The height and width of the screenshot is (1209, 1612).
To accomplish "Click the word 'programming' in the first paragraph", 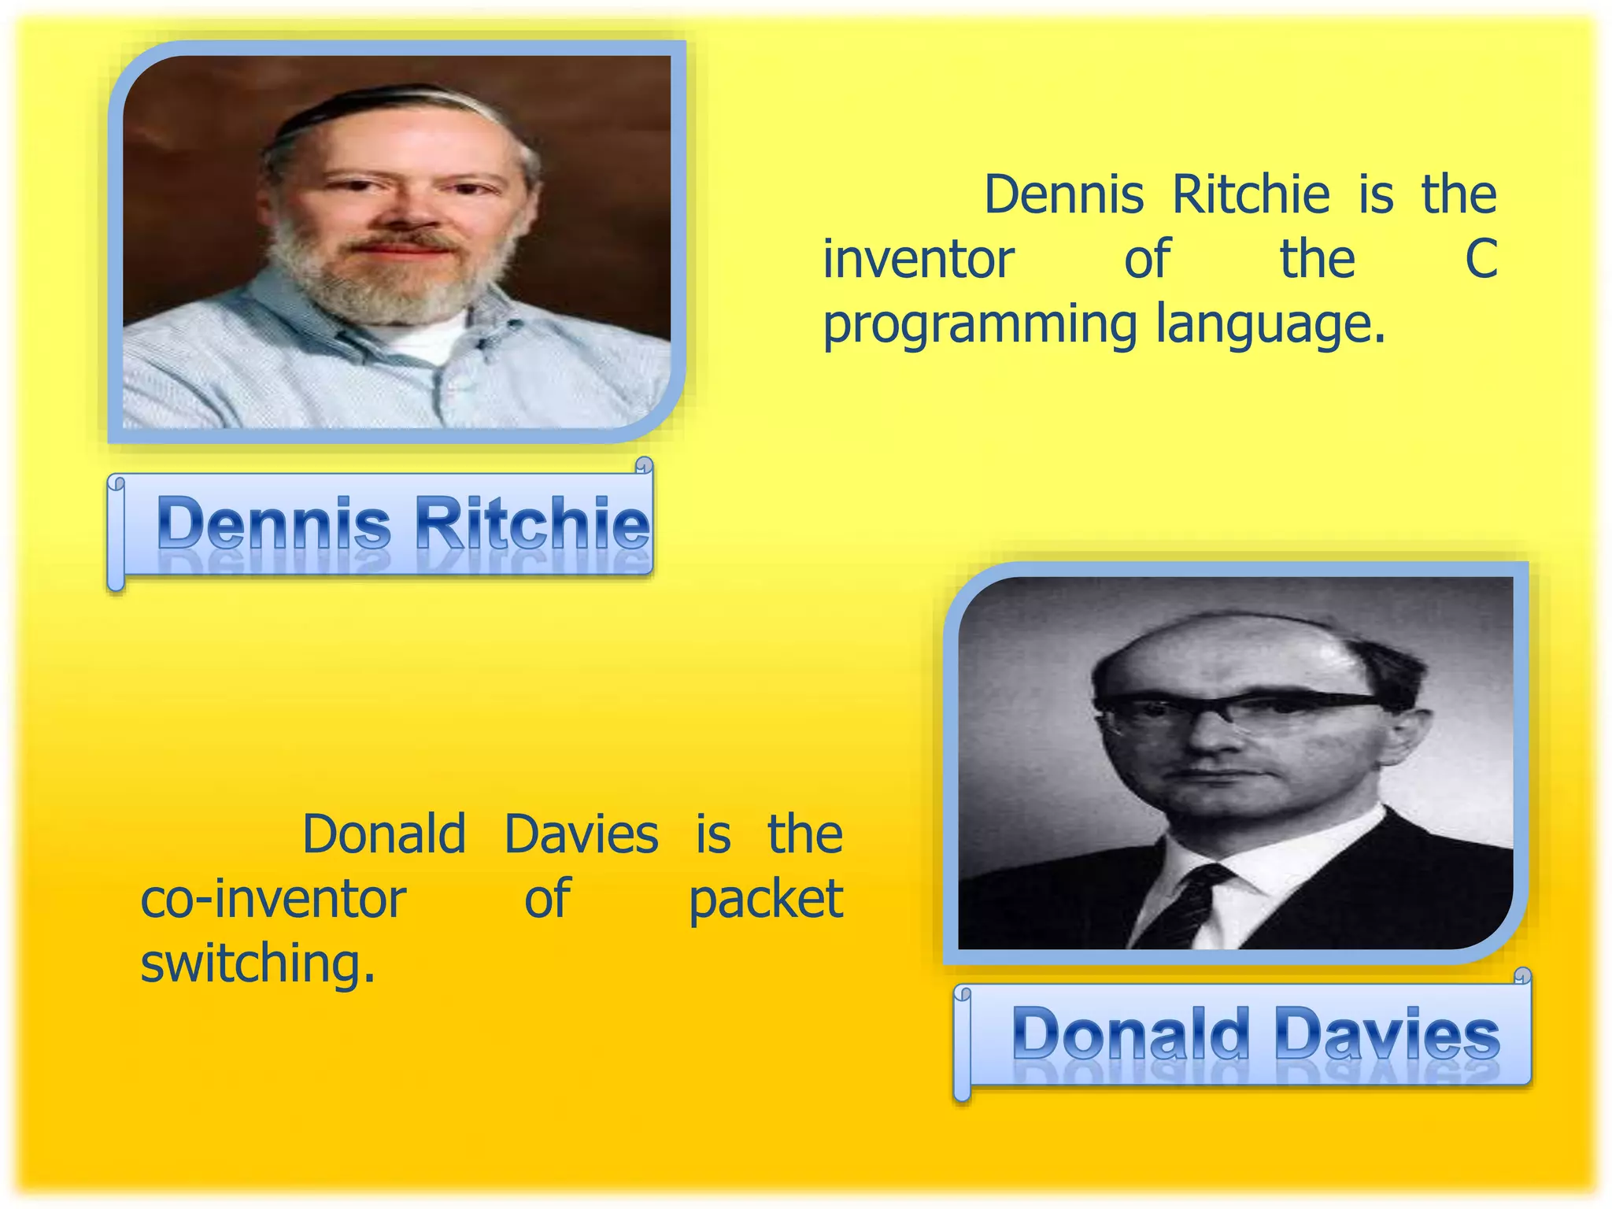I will click(x=979, y=324).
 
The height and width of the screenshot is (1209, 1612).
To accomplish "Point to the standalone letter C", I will click(x=1480, y=259).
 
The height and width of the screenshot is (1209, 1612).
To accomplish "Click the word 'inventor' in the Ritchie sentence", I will click(x=918, y=259).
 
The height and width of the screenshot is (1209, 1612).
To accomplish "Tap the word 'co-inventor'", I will click(x=272, y=899).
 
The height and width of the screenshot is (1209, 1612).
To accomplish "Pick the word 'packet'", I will click(x=765, y=899).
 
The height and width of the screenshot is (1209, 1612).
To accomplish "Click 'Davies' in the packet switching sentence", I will click(x=581, y=834).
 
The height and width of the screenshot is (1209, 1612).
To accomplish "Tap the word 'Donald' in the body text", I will click(x=384, y=834).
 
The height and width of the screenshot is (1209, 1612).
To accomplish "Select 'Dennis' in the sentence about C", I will click(x=1063, y=194).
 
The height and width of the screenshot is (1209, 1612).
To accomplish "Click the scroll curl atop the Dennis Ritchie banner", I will click(x=643, y=467).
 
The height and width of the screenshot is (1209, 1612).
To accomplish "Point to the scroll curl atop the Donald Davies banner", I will click(x=1522, y=977).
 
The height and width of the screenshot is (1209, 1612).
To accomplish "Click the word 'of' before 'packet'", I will click(x=546, y=899).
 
